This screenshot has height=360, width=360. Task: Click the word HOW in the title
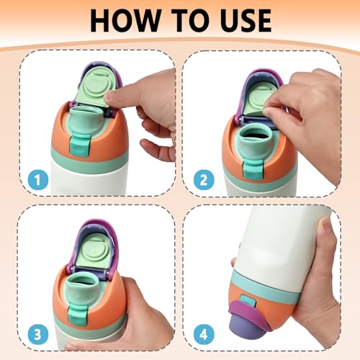coord(125,20)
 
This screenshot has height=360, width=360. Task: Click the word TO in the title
coord(187,20)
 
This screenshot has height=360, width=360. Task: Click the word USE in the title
coord(243,20)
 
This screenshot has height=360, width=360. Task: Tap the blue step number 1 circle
coord(38,180)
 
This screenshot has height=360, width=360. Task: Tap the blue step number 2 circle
coord(204,180)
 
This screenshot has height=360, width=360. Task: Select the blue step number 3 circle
coord(38,334)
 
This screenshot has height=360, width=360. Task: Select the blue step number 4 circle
coord(204,334)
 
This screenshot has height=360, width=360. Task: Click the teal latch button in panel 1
coord(80,145)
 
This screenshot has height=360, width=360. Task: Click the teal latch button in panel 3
coord(77,313)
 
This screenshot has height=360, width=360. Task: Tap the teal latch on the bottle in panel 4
coord(248,301)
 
